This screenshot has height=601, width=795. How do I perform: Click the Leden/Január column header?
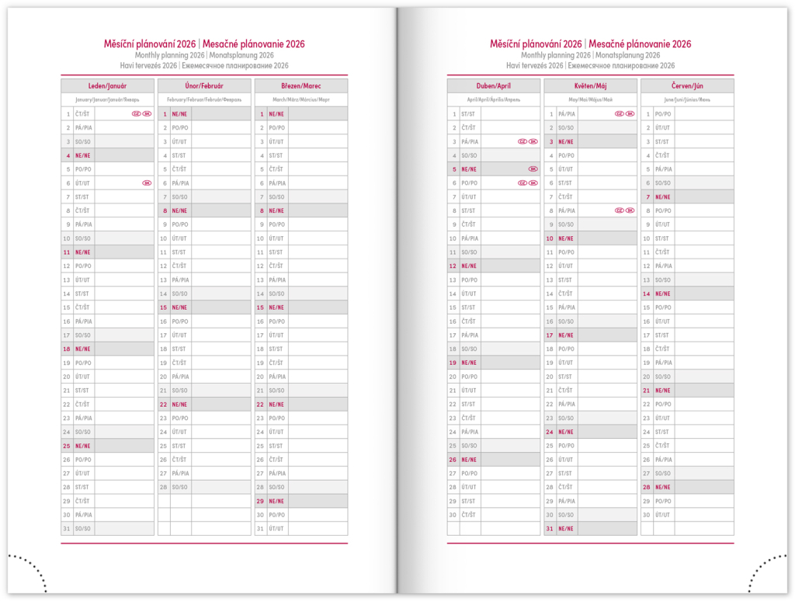click(108, 86)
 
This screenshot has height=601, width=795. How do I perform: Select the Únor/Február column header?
click(204, 86)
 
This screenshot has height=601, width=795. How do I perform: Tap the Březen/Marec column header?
click(300, 86)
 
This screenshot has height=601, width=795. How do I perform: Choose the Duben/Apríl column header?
click(493, 86)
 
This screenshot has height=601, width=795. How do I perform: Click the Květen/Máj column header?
click(590, 86)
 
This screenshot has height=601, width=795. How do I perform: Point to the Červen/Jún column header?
click(687, 86)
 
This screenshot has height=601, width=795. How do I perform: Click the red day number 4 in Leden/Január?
click(68, 155)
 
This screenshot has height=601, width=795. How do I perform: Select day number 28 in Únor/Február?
click(164, 487)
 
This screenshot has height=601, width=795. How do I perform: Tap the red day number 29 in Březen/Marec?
click(260, 501)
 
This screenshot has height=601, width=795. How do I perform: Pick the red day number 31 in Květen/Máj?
click(550, 529)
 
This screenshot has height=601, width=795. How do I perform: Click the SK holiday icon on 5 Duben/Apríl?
click(533, 169)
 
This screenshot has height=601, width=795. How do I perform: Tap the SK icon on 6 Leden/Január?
click(147, 183)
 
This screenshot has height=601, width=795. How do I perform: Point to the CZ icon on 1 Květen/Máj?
click(619, 114)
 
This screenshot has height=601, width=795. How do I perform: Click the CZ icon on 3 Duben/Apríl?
click(522, 141)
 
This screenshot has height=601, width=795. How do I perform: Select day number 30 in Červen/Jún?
click(646, 515)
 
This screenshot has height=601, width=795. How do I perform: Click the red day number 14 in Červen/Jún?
click(646, 294)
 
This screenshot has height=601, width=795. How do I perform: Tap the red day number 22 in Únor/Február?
click(164, 404)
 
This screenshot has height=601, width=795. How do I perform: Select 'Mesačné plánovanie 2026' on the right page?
click(640, 44)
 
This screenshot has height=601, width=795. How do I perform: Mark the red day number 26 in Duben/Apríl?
click(453, 459)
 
